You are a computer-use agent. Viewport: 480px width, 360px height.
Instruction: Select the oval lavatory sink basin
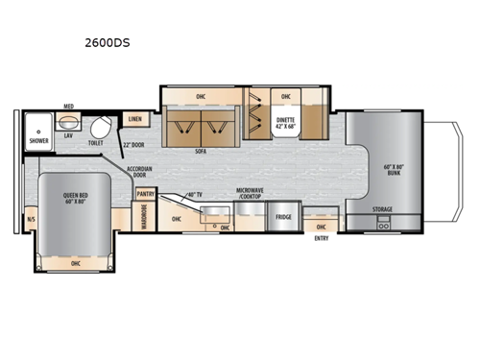[68, 123]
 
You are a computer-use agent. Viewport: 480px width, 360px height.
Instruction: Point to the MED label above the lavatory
[68, 107]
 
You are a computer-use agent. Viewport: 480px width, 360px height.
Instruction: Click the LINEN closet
[134, 119]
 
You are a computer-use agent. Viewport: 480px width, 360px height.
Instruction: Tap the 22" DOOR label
[134, 144]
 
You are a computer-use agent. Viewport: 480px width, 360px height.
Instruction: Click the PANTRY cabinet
[145, 194]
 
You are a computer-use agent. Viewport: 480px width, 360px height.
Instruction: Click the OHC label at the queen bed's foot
[75, 261]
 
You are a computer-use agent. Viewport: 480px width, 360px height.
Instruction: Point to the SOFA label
[202, 151]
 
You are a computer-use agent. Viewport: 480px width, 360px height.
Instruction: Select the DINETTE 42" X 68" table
[286, 123]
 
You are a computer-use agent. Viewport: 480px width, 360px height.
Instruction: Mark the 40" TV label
[194, 195]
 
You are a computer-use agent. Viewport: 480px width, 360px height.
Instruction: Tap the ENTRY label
[322, 238]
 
